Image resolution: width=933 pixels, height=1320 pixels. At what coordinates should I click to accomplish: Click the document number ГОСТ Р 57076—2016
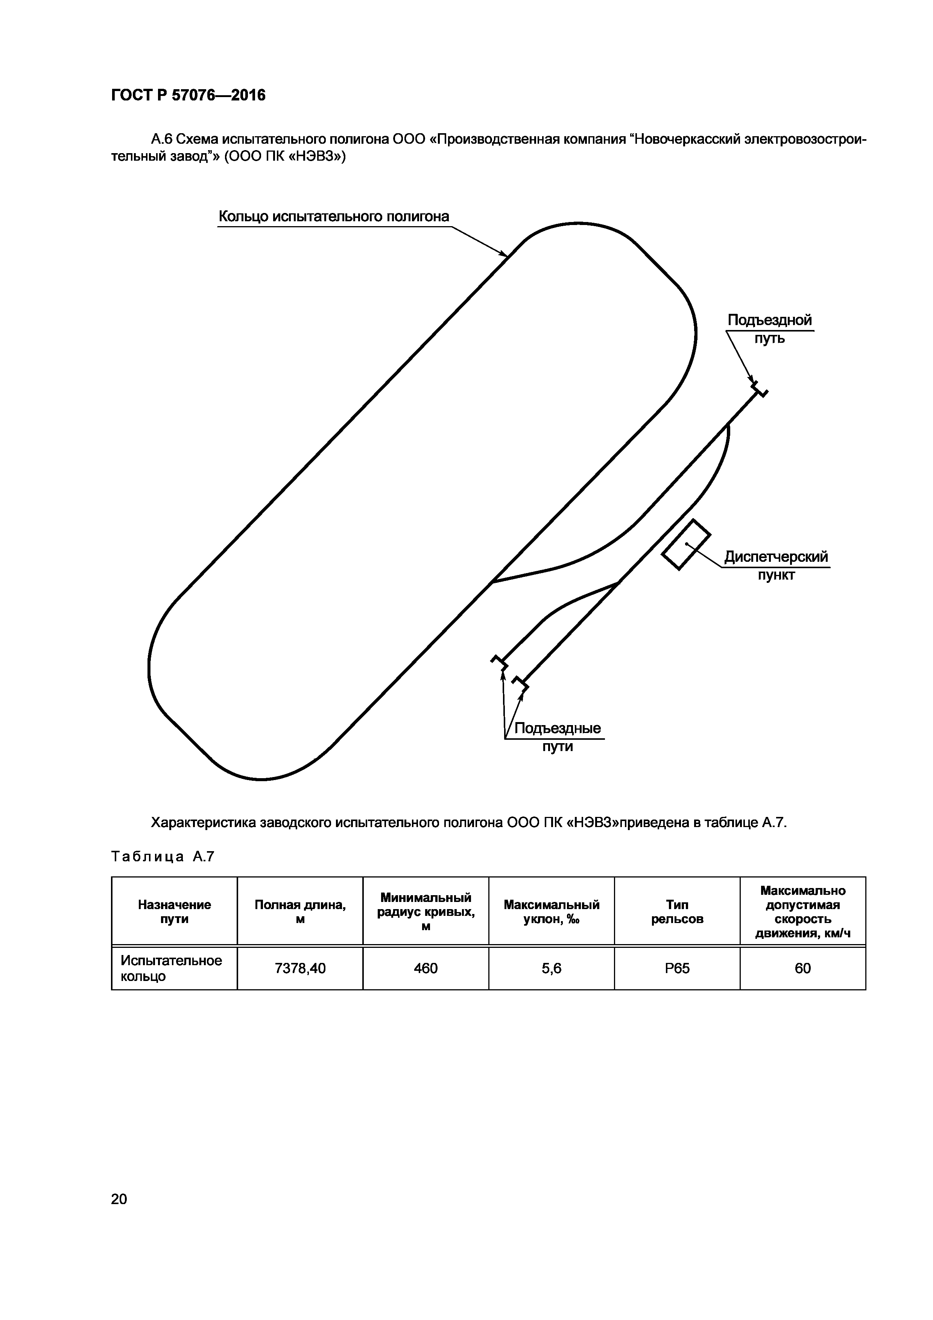[188, 95]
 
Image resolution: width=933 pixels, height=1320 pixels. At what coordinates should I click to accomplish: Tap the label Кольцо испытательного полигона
[333, 217]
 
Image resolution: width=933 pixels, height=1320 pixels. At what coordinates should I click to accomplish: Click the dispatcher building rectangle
[686, 544]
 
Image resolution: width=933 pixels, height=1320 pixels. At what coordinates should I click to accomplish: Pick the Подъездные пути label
[557, 737]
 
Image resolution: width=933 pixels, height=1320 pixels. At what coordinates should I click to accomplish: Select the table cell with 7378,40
[300, 969]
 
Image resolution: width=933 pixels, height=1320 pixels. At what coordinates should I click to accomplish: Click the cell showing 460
[425, 969]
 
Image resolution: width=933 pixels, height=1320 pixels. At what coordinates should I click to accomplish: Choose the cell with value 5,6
[551, 969]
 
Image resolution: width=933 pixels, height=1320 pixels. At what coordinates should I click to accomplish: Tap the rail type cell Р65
[677, 969]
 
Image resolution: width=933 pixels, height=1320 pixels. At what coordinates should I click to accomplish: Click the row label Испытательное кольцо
[171, 969]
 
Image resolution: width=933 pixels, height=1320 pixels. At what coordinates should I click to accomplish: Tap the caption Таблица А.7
[162, 857]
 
